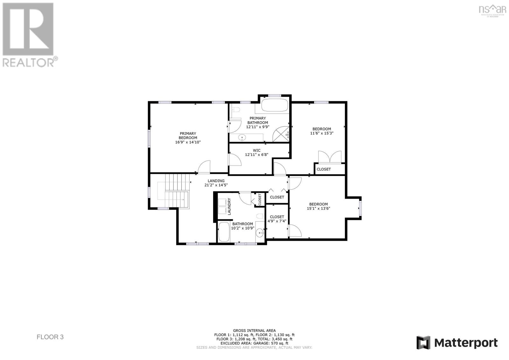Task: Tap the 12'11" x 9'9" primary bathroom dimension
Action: click(258, 127)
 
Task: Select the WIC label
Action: click(257, 150)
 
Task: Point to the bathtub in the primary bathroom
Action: click(275, 105)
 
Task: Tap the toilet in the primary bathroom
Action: click(236, 110)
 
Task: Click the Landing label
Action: click(216, 181)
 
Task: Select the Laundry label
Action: click(229, 206)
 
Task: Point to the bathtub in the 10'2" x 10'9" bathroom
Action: click(224, 232)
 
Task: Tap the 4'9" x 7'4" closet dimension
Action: click(277, 221)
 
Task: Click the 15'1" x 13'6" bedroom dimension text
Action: click(318, 208)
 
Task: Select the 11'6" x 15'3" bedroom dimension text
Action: click(322, 133)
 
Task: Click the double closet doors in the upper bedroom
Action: click(330, 157)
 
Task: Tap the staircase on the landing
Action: click(175, 191)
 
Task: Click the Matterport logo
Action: click(457, 342)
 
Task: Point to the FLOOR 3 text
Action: click(50, 337)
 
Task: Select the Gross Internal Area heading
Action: click(254, 330)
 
